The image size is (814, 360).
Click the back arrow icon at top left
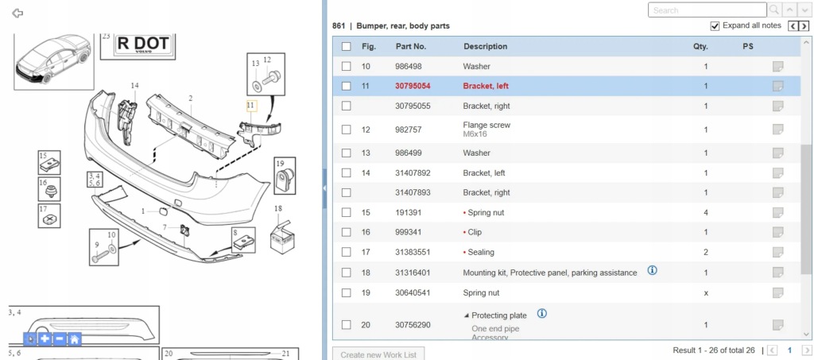pos(17,13)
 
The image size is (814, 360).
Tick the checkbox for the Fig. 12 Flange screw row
pos(347,130)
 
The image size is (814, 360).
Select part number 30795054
pos(413,86)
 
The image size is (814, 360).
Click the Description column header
pos(486,46)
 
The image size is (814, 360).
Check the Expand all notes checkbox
pos(715,26)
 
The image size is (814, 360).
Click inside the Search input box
pos(707,10)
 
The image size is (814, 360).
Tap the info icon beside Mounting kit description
pos(653,270)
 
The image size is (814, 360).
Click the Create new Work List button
pos(378,354)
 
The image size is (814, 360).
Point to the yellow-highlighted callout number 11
pos(251,106)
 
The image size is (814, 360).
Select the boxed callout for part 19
pos(285,176)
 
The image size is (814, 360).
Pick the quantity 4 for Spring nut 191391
pos(706,213)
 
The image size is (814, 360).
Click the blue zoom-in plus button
pos(45,339)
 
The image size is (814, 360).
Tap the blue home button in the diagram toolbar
pos(75,339)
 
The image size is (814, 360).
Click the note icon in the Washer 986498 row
pos(777,67)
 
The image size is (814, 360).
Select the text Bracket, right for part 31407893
pos(486,192)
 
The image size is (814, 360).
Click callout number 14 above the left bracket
pos(135,86)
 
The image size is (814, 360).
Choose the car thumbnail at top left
pos(53,60)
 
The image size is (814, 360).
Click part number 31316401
pos(413,273)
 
